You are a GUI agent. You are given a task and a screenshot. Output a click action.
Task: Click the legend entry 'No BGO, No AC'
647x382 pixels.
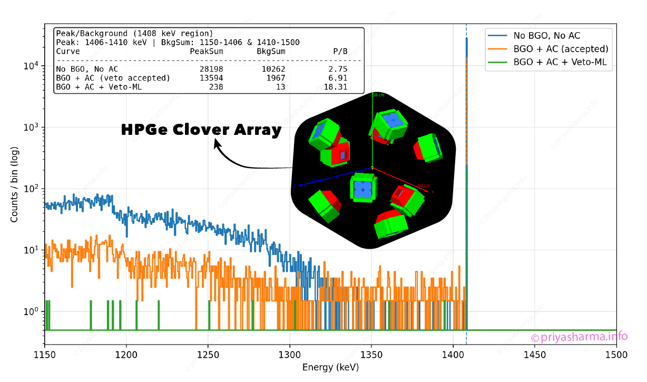(546, 35)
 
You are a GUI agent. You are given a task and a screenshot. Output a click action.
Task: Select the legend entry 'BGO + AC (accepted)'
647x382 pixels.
(561, 49)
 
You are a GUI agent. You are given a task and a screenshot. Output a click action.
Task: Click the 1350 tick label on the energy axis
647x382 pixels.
(371, 356)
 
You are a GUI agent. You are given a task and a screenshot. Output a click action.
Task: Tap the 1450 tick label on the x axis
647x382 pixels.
(535, 356)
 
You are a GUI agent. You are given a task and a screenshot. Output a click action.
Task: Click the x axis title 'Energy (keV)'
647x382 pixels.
(330, 367)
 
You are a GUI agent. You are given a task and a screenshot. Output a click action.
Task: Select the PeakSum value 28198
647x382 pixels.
(211, 69)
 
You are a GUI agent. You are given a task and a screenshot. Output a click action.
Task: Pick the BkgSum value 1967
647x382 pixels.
(274, 78)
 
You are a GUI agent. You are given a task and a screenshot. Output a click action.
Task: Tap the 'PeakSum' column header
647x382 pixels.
(207, 52)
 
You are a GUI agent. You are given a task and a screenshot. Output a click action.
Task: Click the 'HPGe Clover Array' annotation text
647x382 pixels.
(201, 130)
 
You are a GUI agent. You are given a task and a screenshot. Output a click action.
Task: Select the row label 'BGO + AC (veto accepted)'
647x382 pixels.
(113, 78)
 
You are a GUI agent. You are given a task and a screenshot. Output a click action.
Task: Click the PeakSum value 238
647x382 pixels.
(215, 86)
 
